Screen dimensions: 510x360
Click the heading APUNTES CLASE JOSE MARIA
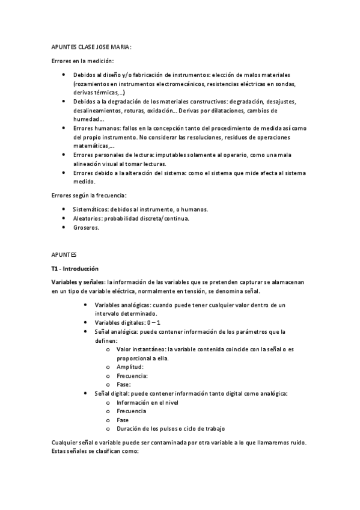coord(91,48)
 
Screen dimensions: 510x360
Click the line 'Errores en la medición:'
coord(82,61)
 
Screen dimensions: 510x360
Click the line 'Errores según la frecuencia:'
coord(88,195)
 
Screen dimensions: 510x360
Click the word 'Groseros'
coord(86,228)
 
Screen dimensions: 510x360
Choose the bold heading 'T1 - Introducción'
coord(75,268)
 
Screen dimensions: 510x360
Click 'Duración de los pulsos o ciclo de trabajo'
coord(171,429)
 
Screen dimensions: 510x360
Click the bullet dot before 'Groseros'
coord(64,228)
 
